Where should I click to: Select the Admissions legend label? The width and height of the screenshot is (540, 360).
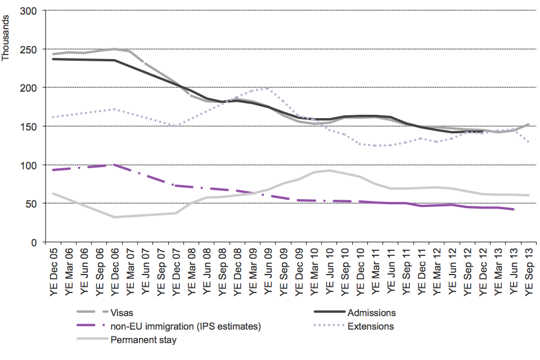tap(372, 313)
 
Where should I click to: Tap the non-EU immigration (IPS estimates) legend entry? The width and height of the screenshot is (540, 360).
tap(186, 326)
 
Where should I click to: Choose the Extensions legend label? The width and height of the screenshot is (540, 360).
tap(371, 326)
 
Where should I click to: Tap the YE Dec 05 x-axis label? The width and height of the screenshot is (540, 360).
tap(54, 270)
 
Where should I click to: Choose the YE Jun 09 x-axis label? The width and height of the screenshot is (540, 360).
tap(268, 270)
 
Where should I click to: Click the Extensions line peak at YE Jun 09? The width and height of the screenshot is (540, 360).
tap(268, 88)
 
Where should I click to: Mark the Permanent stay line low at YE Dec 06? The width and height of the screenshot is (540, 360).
tap(115, 217)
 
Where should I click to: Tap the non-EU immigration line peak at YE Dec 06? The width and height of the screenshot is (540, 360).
tap(115, 165)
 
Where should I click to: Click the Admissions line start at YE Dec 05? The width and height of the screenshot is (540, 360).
tap(54, 59)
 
